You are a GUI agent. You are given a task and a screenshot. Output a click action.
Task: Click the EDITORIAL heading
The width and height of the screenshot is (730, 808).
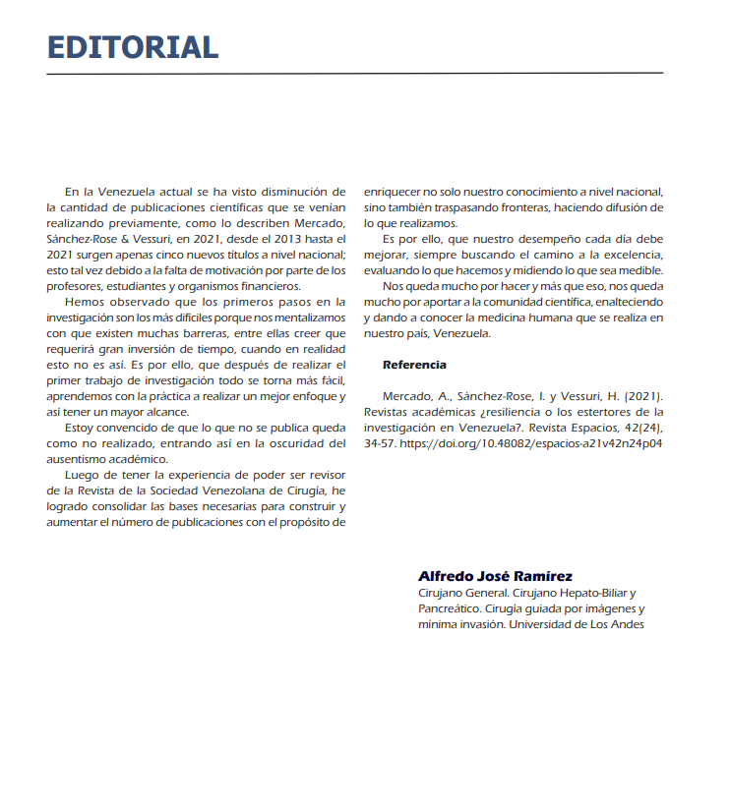click(133, 46)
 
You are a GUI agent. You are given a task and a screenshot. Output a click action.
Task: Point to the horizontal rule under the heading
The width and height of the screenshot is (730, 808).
click(354, 73)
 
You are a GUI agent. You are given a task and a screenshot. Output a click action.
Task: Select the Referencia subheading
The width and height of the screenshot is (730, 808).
click(414, 365)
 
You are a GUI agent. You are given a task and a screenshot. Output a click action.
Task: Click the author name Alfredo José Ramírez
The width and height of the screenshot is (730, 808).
click(495, 576)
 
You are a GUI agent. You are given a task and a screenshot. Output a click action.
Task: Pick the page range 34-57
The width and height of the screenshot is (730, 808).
click(378, 443)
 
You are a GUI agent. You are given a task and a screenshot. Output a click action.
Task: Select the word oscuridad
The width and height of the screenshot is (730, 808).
click(273, 443)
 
